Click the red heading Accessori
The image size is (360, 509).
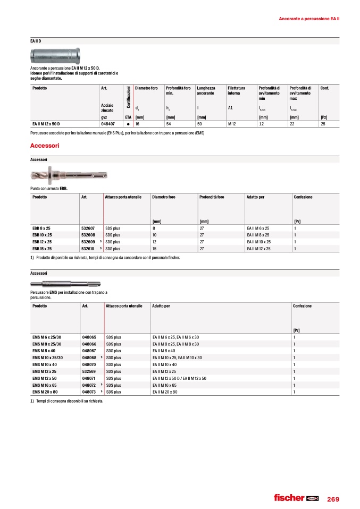pos(45,145)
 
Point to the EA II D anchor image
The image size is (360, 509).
pos(55,55)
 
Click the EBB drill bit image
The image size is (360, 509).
pos(70,176)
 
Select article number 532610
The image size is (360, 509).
pos(88,248)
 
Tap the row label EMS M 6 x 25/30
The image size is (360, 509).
pos(47,337)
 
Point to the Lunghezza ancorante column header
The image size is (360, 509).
pos(205,90)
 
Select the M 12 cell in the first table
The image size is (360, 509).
pos(232,124)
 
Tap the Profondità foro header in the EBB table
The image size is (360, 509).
pos(212,197)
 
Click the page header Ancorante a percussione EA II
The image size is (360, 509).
pos(309,19)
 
